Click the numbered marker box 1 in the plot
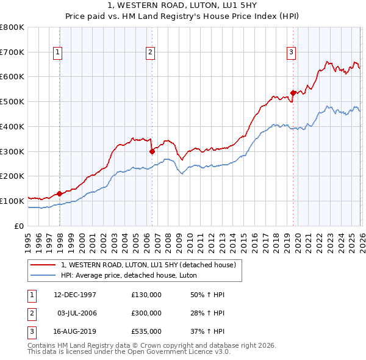click(57, 53)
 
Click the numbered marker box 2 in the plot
click(149, 53)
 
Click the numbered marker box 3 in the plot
click(292, 53)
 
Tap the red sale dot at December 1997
click(60, 193)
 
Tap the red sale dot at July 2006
click(152, 151)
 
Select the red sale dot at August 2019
click(293, 93)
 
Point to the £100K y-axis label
click(12, 201)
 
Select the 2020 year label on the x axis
click(297, 237)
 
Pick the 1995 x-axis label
click(28, 237)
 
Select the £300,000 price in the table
click(146, 313)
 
